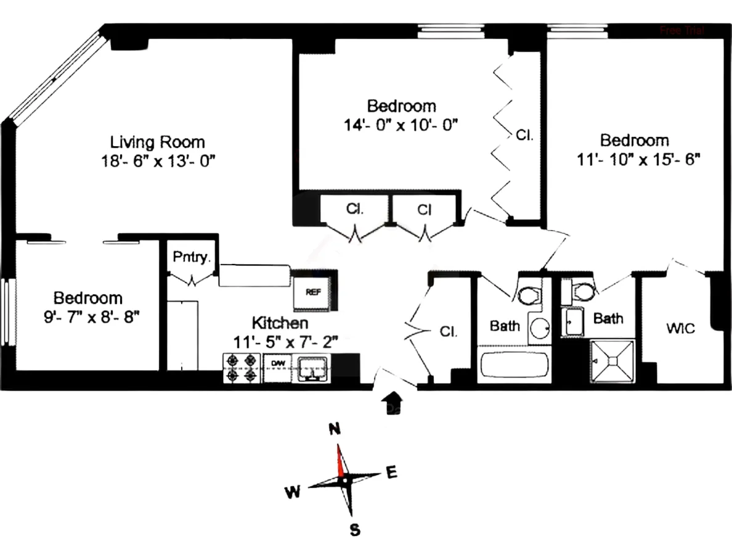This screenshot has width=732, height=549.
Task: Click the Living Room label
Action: click(157, 141)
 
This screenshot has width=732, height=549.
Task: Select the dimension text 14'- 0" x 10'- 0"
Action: click(401, 125)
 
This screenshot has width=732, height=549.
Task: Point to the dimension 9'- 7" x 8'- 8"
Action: click(88, 318)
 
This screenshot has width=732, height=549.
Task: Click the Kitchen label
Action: click(280, 323)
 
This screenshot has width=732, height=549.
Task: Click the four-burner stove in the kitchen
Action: click(242, 368)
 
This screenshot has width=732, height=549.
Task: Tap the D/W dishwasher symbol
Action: click(279, 364)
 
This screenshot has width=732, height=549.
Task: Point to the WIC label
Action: click(680, 328)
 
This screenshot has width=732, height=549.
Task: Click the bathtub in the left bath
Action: click(514, 365)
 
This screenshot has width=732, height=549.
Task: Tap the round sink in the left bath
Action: click(540, 327)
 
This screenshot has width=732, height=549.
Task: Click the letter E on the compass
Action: click(390, 473)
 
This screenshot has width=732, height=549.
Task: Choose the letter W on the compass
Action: click(293, 492)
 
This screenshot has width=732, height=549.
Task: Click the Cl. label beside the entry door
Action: click(448, 331)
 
